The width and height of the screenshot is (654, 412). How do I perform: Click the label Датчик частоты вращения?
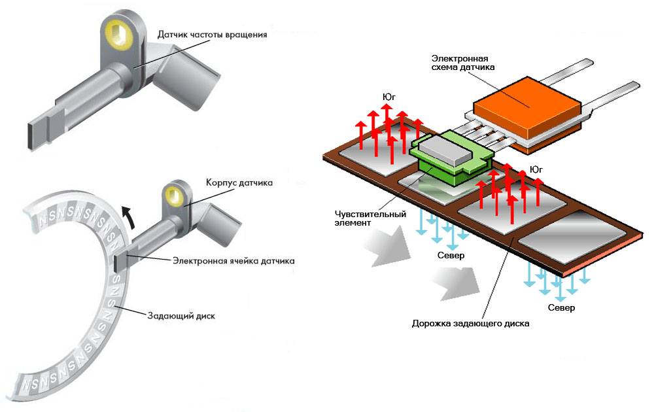click(212, 34)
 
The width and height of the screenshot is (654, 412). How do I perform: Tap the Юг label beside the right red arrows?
click(537, 169)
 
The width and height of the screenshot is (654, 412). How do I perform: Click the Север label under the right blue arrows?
click(562, 307)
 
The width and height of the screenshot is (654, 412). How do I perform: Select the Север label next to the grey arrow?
click(451, 255)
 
